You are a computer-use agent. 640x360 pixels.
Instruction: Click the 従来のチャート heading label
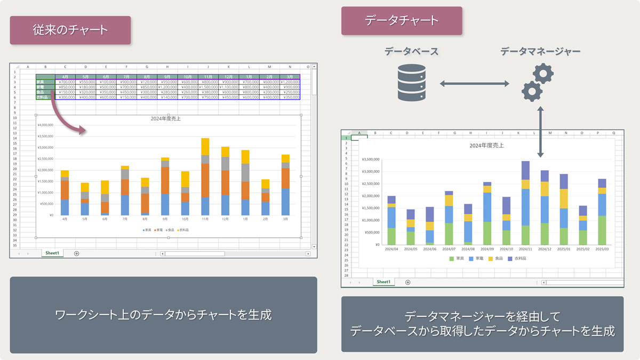70,30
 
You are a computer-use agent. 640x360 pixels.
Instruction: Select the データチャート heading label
402,21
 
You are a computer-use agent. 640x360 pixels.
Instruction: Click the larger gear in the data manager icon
543,73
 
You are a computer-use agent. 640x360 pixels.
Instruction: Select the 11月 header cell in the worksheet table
208,77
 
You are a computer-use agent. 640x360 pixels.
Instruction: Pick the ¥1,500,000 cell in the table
208,87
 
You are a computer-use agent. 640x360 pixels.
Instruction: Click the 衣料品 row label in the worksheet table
45,97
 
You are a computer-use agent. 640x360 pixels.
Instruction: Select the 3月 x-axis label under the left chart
285,219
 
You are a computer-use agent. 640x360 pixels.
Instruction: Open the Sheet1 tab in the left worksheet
52,253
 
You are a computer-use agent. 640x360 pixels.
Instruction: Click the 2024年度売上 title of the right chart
486,145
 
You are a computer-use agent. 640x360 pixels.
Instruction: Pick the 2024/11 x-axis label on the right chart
525,249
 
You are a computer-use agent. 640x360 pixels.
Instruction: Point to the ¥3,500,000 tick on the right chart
370,159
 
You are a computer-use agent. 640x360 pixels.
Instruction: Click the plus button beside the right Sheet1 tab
408,282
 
